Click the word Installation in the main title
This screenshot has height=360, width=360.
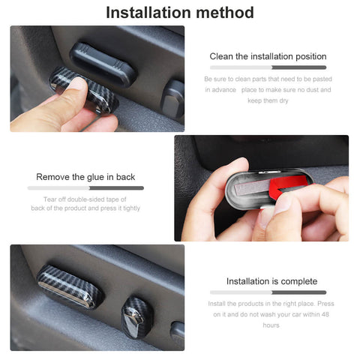(x=149, y=13)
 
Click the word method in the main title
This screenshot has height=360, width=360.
(x=225, y=13)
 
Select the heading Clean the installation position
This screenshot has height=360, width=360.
(x=268, y=56)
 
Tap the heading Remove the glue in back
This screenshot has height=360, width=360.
(x=85, y=177)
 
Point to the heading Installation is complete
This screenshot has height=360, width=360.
(x=271, y=281)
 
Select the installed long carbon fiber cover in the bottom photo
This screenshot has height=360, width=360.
(x=69, y=286)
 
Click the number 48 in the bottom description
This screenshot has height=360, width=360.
(x=325, y=314)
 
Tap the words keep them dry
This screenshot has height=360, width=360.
(x=268, y=100)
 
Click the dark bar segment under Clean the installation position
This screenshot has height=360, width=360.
(x=299, y=67)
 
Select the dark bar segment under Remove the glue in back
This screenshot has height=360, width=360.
(x=116, y=188)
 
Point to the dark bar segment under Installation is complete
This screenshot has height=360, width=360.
(x=299, y=292)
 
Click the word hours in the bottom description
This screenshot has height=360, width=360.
(x=271, y=325)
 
